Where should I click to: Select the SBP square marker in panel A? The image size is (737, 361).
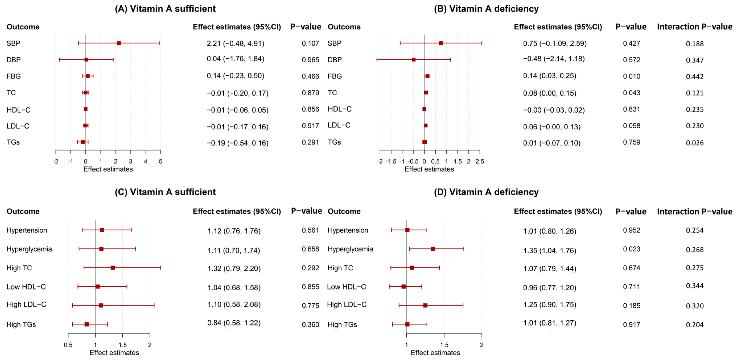click(119, 43)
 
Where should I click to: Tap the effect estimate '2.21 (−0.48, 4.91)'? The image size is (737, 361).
click(235, 43)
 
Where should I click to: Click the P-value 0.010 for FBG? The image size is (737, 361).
click(631, 76)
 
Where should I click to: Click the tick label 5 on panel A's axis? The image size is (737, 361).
click(160, 161)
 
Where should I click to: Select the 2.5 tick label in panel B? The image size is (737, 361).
click(479, 161)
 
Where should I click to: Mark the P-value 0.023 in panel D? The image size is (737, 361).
click(631, 249)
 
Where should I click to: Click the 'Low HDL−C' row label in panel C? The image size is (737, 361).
click(26, 287)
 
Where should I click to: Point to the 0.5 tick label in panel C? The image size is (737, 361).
click(68, 345)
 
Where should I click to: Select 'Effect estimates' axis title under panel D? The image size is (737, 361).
click(435, 353)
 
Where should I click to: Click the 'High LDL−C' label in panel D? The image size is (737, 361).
click(347, 305)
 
